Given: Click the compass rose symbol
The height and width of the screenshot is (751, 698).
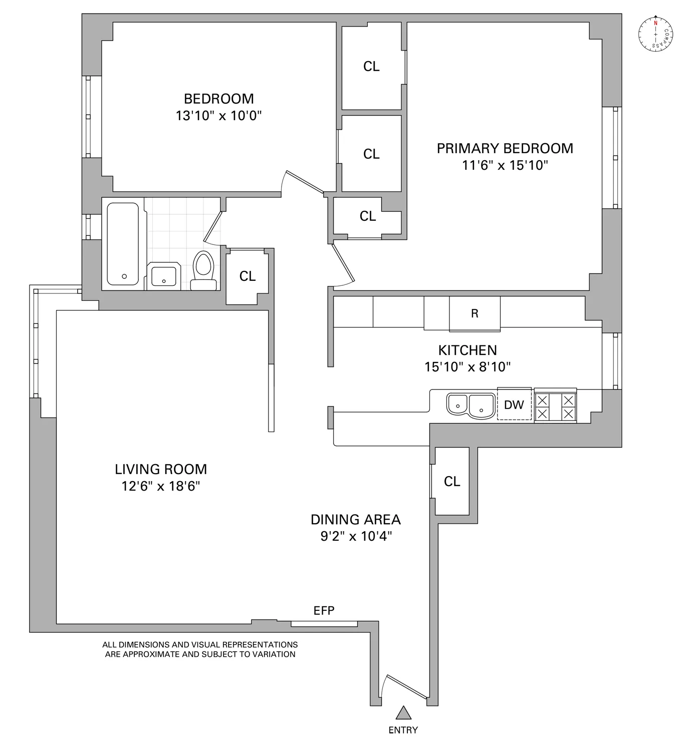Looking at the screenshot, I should pos(655,34).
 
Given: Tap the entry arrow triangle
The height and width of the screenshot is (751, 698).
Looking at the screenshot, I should pos(403,712).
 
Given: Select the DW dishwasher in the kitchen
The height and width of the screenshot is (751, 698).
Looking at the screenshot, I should pos(514,405).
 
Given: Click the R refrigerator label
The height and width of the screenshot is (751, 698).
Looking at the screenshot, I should pos(475,313).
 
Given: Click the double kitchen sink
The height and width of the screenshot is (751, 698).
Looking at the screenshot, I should pos(471,405).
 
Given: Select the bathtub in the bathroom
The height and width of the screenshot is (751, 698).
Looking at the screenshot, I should pos(123,244).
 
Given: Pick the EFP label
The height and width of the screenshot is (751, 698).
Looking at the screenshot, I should pos(324,610).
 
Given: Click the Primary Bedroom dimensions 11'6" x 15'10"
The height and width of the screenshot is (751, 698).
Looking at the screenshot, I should pos(505,165).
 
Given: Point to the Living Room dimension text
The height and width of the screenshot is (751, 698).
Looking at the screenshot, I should pos(160,486).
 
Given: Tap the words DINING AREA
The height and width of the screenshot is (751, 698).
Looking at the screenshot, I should pos(355,519).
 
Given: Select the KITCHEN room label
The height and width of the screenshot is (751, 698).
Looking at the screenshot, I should pos(468,350).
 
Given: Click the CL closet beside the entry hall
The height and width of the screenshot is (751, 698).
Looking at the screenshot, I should pos(452,481).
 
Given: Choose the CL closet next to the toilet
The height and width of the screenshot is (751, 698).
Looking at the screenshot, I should pos(247,276).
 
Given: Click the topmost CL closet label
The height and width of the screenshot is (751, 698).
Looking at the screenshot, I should pos(371,66).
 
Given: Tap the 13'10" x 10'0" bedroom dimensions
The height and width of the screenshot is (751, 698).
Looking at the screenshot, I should pos(218,116).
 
